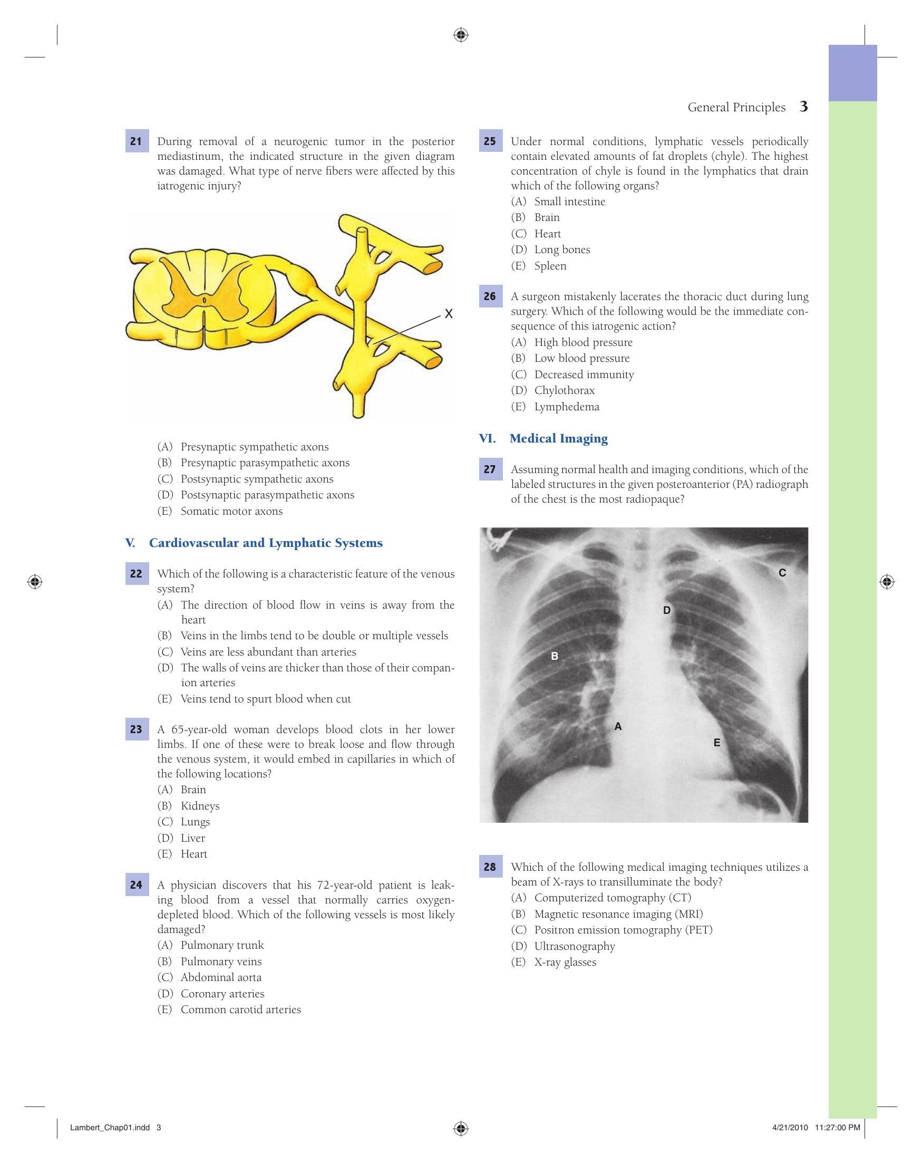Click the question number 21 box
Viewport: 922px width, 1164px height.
(x=137, y=141)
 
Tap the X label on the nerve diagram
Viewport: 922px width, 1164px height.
(x=448, y=314)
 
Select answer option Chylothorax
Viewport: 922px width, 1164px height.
(x=564, y=390)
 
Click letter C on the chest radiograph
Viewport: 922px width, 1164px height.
(x=782, y=573)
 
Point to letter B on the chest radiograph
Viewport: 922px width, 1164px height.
(x=554, y=656)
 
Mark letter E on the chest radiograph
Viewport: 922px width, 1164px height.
(x=716, y=743)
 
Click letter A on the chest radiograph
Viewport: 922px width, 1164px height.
(x=618, y=726)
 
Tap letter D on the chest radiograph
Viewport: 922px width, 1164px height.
(x=667, y=610)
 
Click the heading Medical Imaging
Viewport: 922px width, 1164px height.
(x=558, y=438)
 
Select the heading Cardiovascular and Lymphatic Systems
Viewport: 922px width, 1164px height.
(x=266, y=543)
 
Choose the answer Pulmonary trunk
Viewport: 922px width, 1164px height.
(x=222, y=945)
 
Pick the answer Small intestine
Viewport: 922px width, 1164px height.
(x=570, y=201)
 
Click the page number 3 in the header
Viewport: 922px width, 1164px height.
(x=803, y=107)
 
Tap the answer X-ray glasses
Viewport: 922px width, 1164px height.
(x=566, y=962)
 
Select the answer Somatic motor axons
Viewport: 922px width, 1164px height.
(x=231, y=511)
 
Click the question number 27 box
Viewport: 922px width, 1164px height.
(x=490, y=469)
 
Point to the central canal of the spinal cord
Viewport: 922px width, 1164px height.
(x=204, y=299)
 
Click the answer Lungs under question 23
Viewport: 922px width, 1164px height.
(x=195, y=822)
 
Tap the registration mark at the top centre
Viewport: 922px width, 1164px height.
(x=460, y=35)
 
